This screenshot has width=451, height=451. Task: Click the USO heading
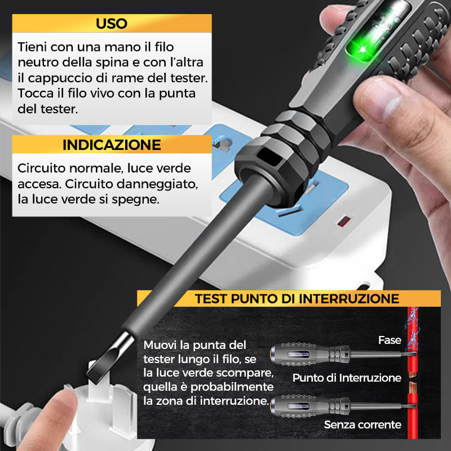(x=112, y=24)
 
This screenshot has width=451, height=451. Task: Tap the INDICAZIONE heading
(x=112, y=145)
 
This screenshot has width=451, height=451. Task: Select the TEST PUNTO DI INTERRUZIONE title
(x=297, y=299)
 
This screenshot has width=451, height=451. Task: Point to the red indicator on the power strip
(x=344, y=222)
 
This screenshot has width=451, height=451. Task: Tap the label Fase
(x=390, y=340)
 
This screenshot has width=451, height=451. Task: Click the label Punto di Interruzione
(x=347, y=378)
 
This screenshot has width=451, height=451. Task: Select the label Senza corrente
(x=362, y=425)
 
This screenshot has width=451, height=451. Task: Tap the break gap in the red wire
(x=413, y=379)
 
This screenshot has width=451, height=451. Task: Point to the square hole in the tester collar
(x=269, y=157)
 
